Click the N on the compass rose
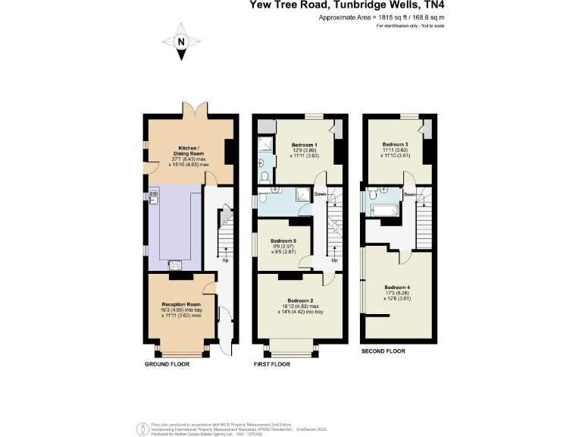pos(180,42)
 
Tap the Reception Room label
pos(179,304)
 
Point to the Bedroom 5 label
pos(283,241)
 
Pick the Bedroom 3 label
pos(395,144)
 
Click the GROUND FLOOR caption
pos(167,364)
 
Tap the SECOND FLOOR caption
pos(383,351)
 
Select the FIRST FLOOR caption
pos(271,364)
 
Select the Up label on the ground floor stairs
pos(224,262)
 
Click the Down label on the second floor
pos(410,194)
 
